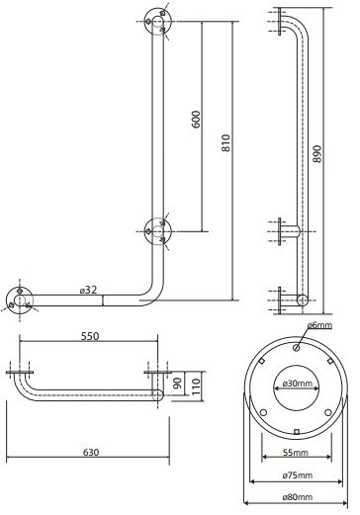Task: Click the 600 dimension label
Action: pyautogui.click(x=196, y=120)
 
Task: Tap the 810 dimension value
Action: pyautogui.click(x=225, y=142)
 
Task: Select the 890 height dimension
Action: pyautogui.click(x=316, y=153)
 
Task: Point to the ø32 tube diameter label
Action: pyautogui.click(x=88, y=290)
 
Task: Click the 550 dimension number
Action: pyautogui.click(x=90, y=336)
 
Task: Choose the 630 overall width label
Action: pyautogui.click(x=91, y=453)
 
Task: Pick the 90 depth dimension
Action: pyautogui.click(x=178, y=384)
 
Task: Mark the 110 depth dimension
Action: pyautogui.click(x=196, y=386)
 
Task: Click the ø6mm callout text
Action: pyautogui.click(x=319, y=325)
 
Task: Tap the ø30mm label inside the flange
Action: pyautogui.click(x=298, y=384)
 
